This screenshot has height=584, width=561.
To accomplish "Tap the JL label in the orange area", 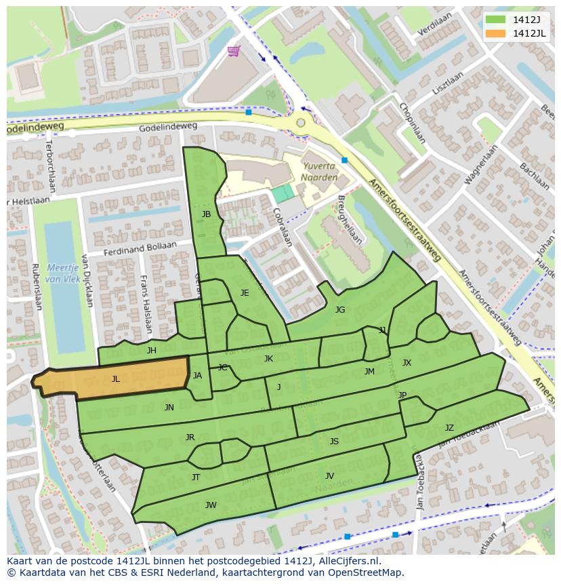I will [x=116, y=379].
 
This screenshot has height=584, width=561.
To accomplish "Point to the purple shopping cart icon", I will [x=234, y=51].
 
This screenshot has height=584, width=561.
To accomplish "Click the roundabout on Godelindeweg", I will [x=300, y=123].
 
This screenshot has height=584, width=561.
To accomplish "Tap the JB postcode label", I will [x=206, y=214].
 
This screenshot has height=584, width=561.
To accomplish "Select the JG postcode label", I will [x=340, y=310].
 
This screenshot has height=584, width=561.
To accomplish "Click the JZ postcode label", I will [x=449, y=428].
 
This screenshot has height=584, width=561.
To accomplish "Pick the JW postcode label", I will [x=211, y=505].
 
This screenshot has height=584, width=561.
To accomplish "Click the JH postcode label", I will [x=151, y=351].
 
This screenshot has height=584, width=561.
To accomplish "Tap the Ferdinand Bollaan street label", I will [x=140, y=249].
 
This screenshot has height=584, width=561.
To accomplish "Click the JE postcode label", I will [x=245, y=293].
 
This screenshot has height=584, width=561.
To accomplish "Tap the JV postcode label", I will [x=329, y=476].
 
